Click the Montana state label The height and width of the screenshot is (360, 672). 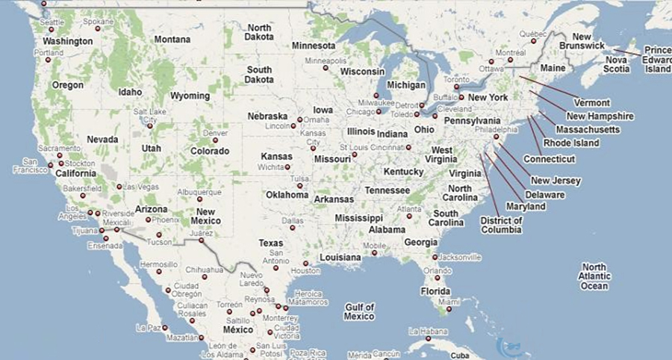pyautogui.click(x=172, y=40)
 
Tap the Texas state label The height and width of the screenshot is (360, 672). pyautogui.click(x=271, y=243)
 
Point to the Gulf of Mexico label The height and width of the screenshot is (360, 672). pyautogui.click(x=359, y=311)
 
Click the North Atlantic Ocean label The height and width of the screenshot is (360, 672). pyautogui.click(x=595, y=276)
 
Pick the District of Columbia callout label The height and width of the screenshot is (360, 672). pyautogui.click(x=501, y=225)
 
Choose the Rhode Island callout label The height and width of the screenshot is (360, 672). pyautogui.click(x=570, y=142)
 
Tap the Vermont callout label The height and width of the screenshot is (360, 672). pyautogui.click(x=592, y=102)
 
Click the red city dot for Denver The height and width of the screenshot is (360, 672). pyautogui.click(x=215, y=140)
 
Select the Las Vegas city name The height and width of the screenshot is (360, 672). pyautogui.click(x=141, y=187)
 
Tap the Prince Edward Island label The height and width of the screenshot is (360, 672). pyautogui.click(x=658, y=59)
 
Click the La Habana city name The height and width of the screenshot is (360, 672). pyautogui.click(x=426, y=330)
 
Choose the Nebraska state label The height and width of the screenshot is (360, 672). pyautogui.click(x=268, y=117)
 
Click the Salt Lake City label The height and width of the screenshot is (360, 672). pyautogui.click(x=149, y=115)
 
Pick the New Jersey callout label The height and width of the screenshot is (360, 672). pyautogui.click(x=556, y=181)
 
